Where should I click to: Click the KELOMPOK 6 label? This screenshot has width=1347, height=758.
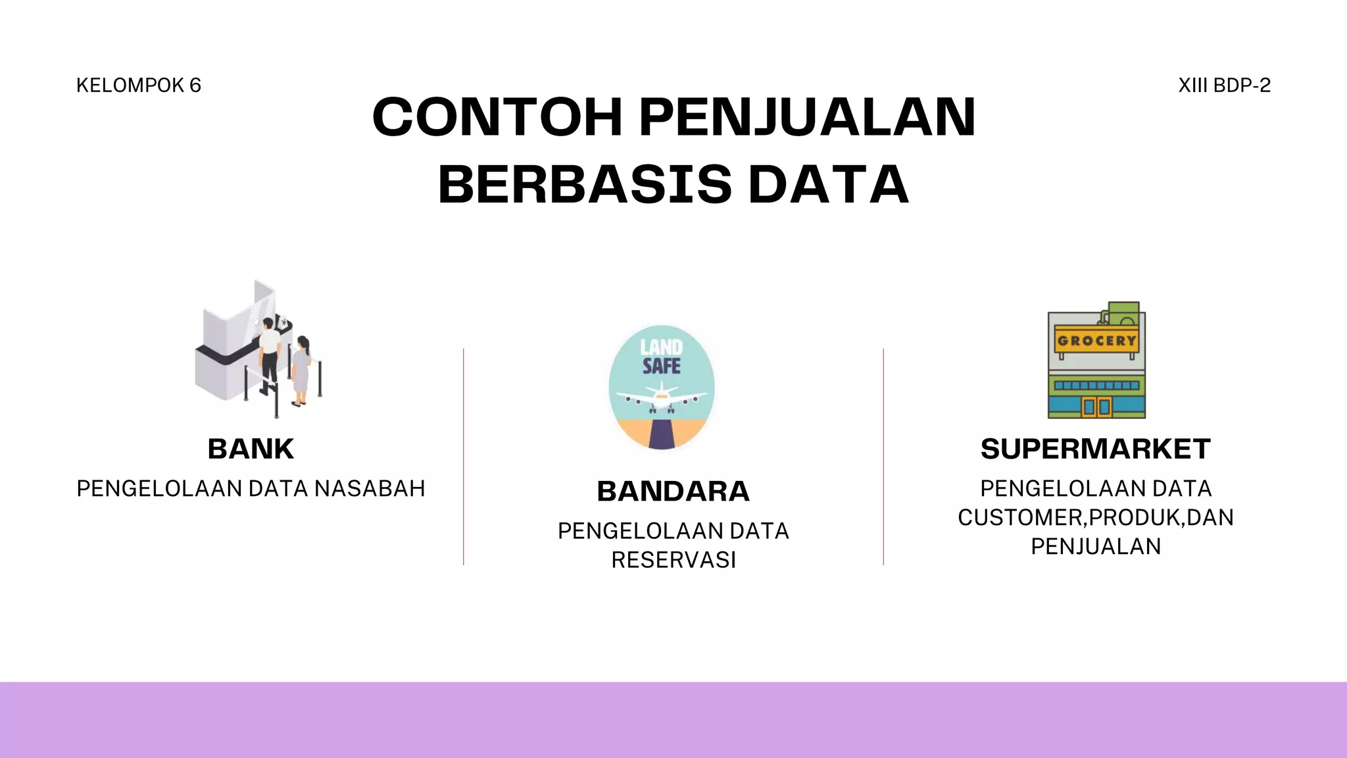[138, 86]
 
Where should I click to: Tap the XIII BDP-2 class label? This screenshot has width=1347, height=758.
[1224, 86]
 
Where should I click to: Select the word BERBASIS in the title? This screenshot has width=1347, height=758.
[585, 184]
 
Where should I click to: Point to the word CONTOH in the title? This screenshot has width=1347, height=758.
[497, 117]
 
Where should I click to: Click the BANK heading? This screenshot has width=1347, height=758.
[251, 449]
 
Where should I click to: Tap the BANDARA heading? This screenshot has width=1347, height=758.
[673, 492]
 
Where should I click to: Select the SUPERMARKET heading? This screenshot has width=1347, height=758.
[1095, 449]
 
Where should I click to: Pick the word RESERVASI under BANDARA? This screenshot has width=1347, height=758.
[673, 560]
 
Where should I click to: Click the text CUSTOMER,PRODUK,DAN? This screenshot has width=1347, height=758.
[1095, 518]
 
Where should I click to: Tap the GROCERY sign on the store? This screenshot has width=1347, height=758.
[1096, 341]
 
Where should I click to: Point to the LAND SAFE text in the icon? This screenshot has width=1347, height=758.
[661, 357]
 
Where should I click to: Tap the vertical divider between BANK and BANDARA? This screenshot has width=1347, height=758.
[464, 457]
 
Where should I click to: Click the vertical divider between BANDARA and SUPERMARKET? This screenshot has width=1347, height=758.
[883, 457]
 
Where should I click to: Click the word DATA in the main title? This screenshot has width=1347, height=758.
[829, 184]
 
